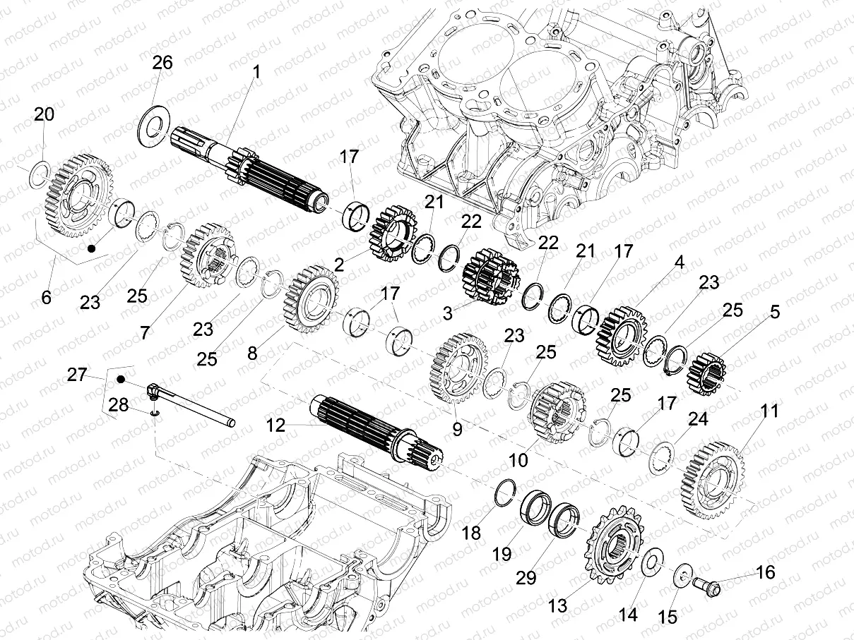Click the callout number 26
(x=162, y=63)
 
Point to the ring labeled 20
(x=40, y=174)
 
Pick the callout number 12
(x=276, y=425)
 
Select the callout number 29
(x=526, y=578)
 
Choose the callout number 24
(x=698, y=419)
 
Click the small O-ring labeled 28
(x=153, y=412)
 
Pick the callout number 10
(x=518, y=460)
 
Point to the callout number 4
(x=679, y=262)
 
